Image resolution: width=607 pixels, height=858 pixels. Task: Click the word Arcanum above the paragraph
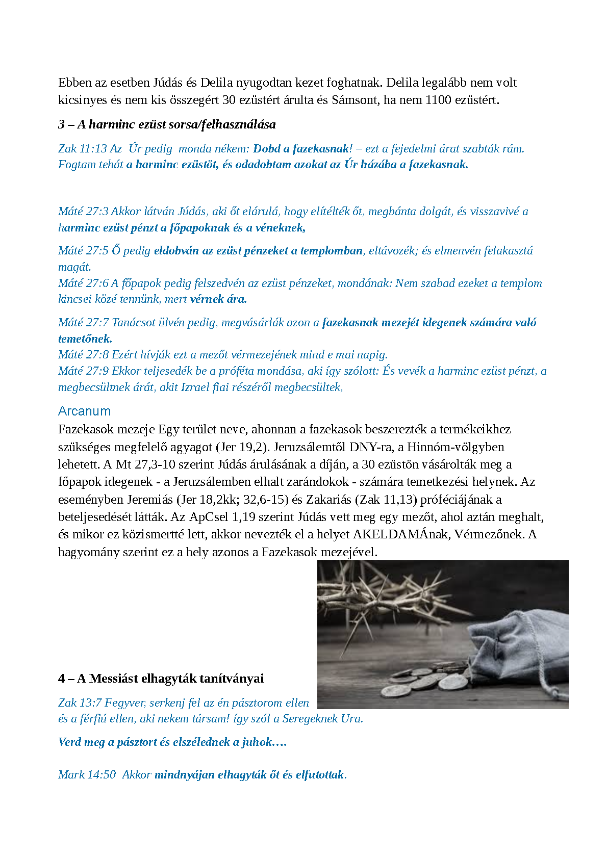pos(84,411)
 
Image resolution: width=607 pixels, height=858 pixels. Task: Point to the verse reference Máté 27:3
pos(83,212)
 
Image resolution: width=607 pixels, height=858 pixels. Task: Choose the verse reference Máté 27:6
pos(83,283)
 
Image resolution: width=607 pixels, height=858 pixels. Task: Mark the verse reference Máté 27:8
pos(83,355)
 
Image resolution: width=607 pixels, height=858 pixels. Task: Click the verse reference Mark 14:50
pos(87,774)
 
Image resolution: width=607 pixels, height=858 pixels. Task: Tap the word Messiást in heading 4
pos(114,679)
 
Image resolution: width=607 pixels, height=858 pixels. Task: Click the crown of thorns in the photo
pos(388,602)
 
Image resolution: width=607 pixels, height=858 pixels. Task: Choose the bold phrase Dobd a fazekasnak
pos(301,148)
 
